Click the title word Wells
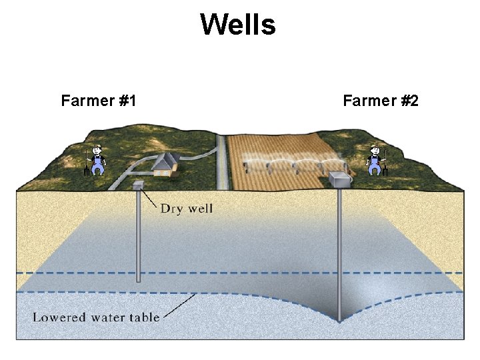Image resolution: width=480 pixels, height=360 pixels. (x=237, y=25)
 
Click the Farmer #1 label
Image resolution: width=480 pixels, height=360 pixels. (x=99, y=101)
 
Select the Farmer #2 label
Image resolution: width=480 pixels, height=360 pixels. (x=380, y=101)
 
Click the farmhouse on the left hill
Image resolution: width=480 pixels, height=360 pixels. (x=162, y=164)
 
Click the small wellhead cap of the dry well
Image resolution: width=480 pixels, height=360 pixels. (x=139, y=185)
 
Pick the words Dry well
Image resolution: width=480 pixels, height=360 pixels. (x=186, y=209)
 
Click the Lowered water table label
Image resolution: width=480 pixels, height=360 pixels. (x=97, y=317)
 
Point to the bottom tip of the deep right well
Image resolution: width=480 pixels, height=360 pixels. (x=339, y=321)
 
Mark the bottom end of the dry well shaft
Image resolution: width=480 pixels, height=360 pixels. (x=139, y=281)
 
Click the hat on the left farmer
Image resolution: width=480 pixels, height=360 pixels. (x=97, y=147)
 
